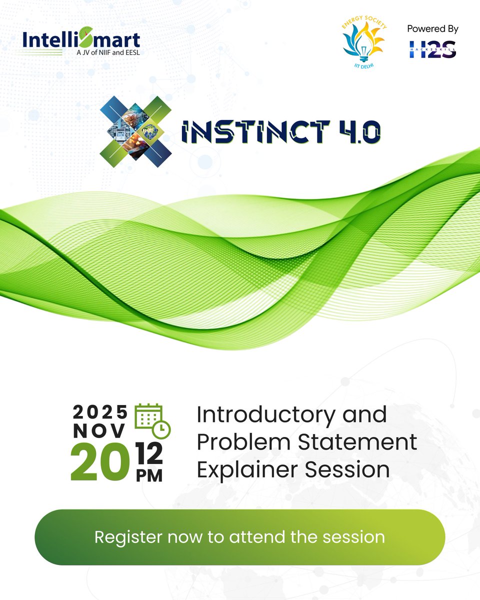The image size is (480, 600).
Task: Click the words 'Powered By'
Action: (432, 29)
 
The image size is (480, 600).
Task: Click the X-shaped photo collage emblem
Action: (136, 128)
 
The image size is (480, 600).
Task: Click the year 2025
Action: (100, 412)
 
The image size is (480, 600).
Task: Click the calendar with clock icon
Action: (152, 420)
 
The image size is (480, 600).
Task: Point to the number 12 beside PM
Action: (149, 454)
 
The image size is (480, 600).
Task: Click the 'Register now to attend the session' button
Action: (239, 537)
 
